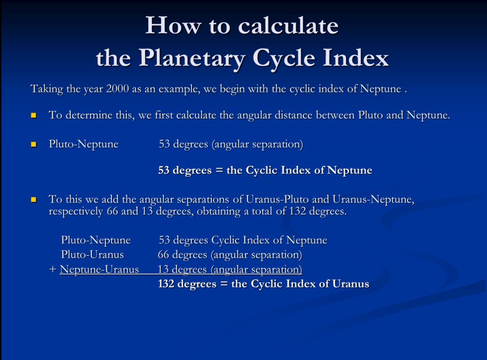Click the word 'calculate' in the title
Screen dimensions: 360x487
[x=289, y=26]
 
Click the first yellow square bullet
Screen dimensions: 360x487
[x=34, y=115]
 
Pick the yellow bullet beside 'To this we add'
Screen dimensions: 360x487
[x=34, y=200]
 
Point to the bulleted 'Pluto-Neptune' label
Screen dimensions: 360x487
[x=83, y=144]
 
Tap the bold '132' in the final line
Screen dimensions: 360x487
[x=166, y=284]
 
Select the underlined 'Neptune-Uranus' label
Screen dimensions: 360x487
[x=99, y=269]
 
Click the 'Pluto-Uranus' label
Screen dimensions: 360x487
[x=92, y=255]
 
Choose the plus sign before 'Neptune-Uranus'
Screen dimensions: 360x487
[x=53, y=270]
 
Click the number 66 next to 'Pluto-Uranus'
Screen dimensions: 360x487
[x=164, y=255]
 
